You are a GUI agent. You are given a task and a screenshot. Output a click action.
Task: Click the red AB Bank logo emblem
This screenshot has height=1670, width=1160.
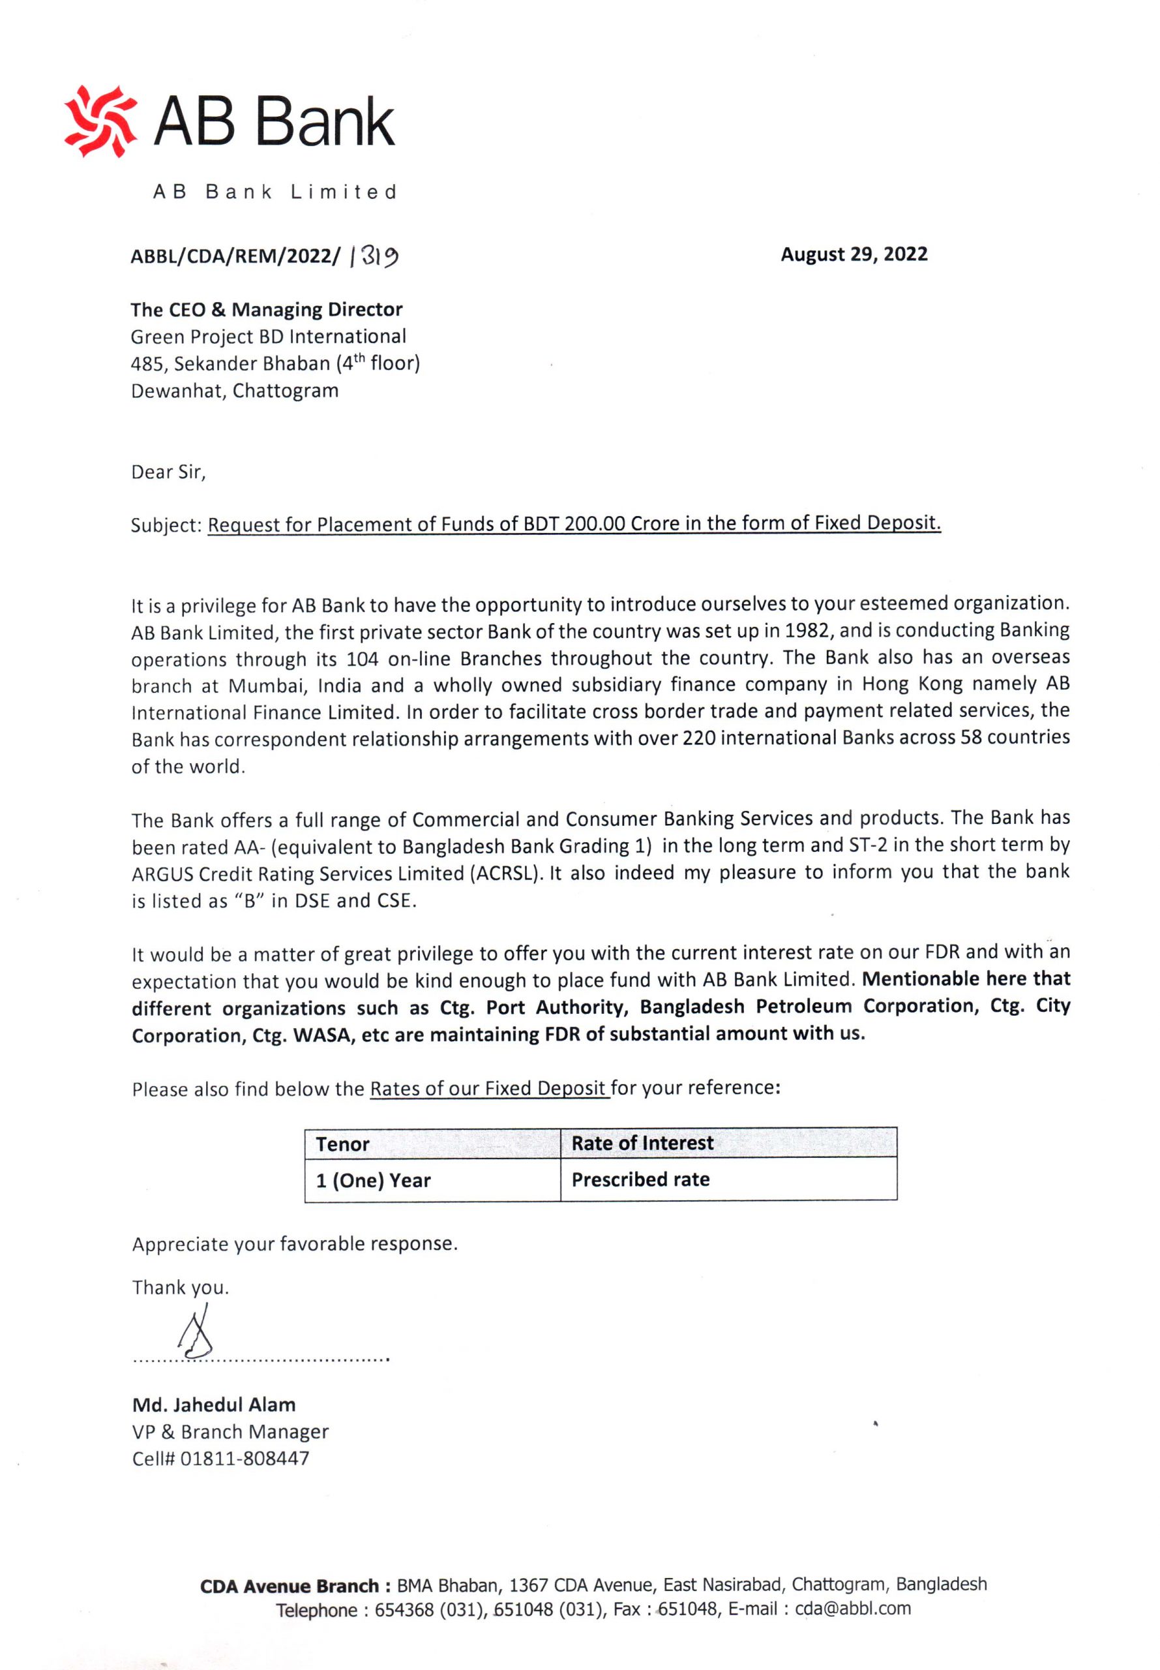(x=100, y=121)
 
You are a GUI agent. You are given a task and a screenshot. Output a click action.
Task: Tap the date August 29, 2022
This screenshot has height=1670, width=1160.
(x=854, y=254)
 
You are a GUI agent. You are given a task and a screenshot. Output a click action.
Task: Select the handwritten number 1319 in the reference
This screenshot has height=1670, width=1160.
(x=374, y=256)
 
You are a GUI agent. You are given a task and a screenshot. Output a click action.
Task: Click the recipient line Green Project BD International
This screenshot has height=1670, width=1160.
(x=268, y=337)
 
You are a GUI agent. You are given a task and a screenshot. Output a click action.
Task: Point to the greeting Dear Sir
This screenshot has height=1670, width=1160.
(x=168, y=472)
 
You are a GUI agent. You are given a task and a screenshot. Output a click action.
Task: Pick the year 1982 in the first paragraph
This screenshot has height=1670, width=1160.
(x=807, y=630)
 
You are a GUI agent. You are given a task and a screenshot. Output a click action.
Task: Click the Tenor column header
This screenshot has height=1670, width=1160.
(x=342, y=1144)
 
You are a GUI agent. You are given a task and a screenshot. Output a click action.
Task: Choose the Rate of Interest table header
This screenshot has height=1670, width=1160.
(x=642, y=1143)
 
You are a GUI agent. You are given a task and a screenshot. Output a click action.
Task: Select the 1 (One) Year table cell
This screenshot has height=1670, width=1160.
(x=373, y=1180)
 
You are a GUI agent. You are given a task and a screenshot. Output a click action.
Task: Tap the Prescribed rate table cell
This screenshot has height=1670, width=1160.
(x=640, y=1179)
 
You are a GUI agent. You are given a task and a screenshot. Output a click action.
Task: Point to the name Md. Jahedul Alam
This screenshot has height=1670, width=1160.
(x=214, y=1404)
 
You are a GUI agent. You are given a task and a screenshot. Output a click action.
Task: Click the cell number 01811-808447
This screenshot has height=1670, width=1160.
(x=245, y=1459)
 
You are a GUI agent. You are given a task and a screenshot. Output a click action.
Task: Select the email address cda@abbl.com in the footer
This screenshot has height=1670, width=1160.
(x=852, y=1608)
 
